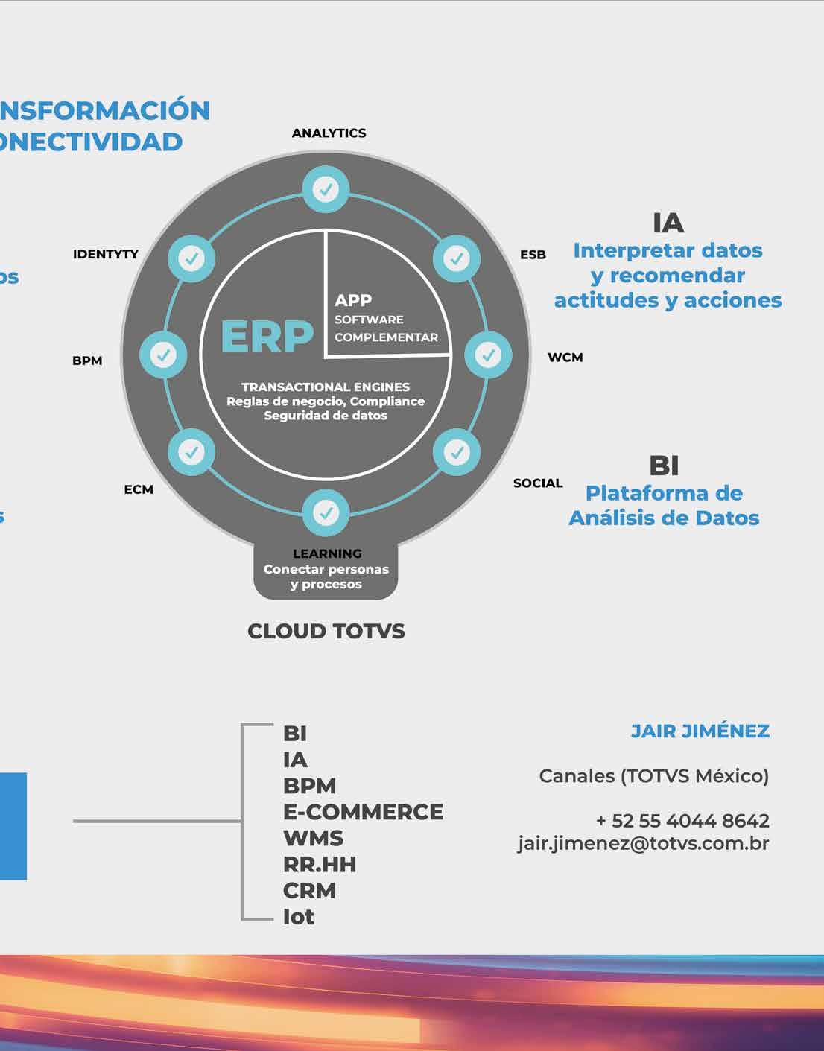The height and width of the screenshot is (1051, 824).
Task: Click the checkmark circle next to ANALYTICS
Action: (326, 189)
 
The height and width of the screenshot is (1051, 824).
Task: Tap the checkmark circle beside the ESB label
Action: (457, 258)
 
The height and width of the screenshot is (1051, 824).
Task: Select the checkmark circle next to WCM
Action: (488, 355)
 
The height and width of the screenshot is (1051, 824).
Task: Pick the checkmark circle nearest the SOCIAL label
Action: (457, 451)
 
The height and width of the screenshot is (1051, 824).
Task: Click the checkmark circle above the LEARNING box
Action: (326, 512)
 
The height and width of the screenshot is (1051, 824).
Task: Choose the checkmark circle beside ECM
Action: (191, 451)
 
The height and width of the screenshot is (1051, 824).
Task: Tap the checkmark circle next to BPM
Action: (164, 355)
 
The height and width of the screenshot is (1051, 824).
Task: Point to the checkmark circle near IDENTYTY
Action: (191, 258)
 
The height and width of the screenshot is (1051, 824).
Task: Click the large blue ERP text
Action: (267, 337)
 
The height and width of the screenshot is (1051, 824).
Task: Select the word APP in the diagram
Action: (353, 300)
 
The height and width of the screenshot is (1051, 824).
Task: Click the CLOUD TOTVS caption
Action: (326, 631)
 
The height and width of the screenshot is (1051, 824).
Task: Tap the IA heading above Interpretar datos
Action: (668, 223)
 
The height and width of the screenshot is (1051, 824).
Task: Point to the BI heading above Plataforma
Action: (664, 466)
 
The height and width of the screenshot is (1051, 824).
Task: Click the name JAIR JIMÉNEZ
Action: (700, 731)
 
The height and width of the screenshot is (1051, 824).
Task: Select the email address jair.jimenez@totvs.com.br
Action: (644, 843)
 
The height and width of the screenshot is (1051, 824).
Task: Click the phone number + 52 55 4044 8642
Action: (682, 820)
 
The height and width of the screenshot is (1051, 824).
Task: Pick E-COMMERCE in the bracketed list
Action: (363, 811)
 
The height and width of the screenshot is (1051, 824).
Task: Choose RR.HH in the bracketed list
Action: (320, 864)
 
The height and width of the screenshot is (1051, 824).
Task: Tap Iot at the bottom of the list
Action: (299, 916)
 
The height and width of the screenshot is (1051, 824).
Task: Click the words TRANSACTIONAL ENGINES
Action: (326, 387)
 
